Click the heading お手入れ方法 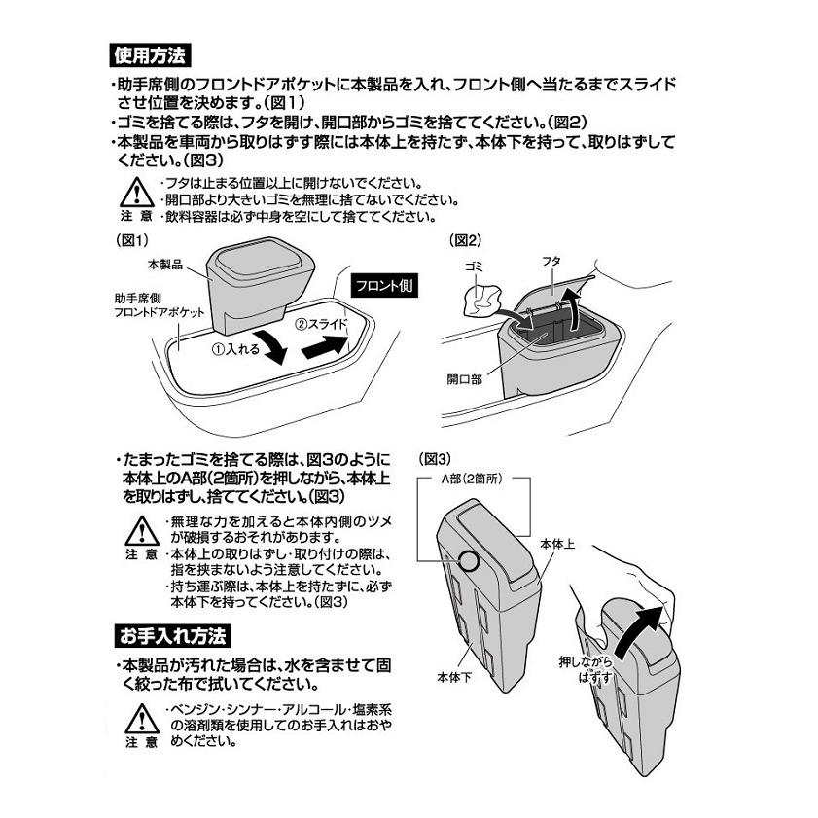click(169, 637)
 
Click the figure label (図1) click(132, 239)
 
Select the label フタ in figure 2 click(551, 263)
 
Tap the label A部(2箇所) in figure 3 click(474, 480)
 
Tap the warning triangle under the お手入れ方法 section click(142, 715)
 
